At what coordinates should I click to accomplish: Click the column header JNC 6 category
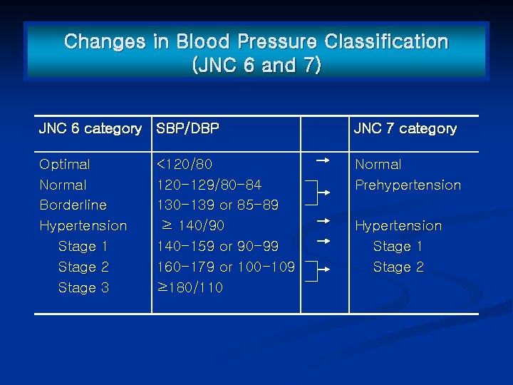(90, 129)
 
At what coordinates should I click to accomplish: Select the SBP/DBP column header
(188, 129)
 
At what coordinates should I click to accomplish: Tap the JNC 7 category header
(405, 129)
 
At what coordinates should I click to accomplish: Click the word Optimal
(65, 165)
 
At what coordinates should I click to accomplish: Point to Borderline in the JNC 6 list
(73, 205)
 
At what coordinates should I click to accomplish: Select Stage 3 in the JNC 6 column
(83, 288)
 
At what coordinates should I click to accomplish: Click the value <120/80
(185, 165)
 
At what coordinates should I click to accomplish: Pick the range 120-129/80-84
(209, 185)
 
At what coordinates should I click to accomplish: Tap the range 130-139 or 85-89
(218, 205)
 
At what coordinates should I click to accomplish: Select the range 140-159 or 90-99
(218, 247)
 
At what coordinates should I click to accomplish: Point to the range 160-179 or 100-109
(226, 267)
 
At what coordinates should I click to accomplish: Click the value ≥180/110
(190, 288)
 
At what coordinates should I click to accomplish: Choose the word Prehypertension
(408, 185)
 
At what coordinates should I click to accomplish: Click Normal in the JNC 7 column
(378, 165)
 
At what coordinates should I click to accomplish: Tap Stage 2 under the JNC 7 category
(398, 267)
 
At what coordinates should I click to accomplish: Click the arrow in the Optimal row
(322, 161)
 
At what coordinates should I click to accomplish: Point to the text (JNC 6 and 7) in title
(256, 66)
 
